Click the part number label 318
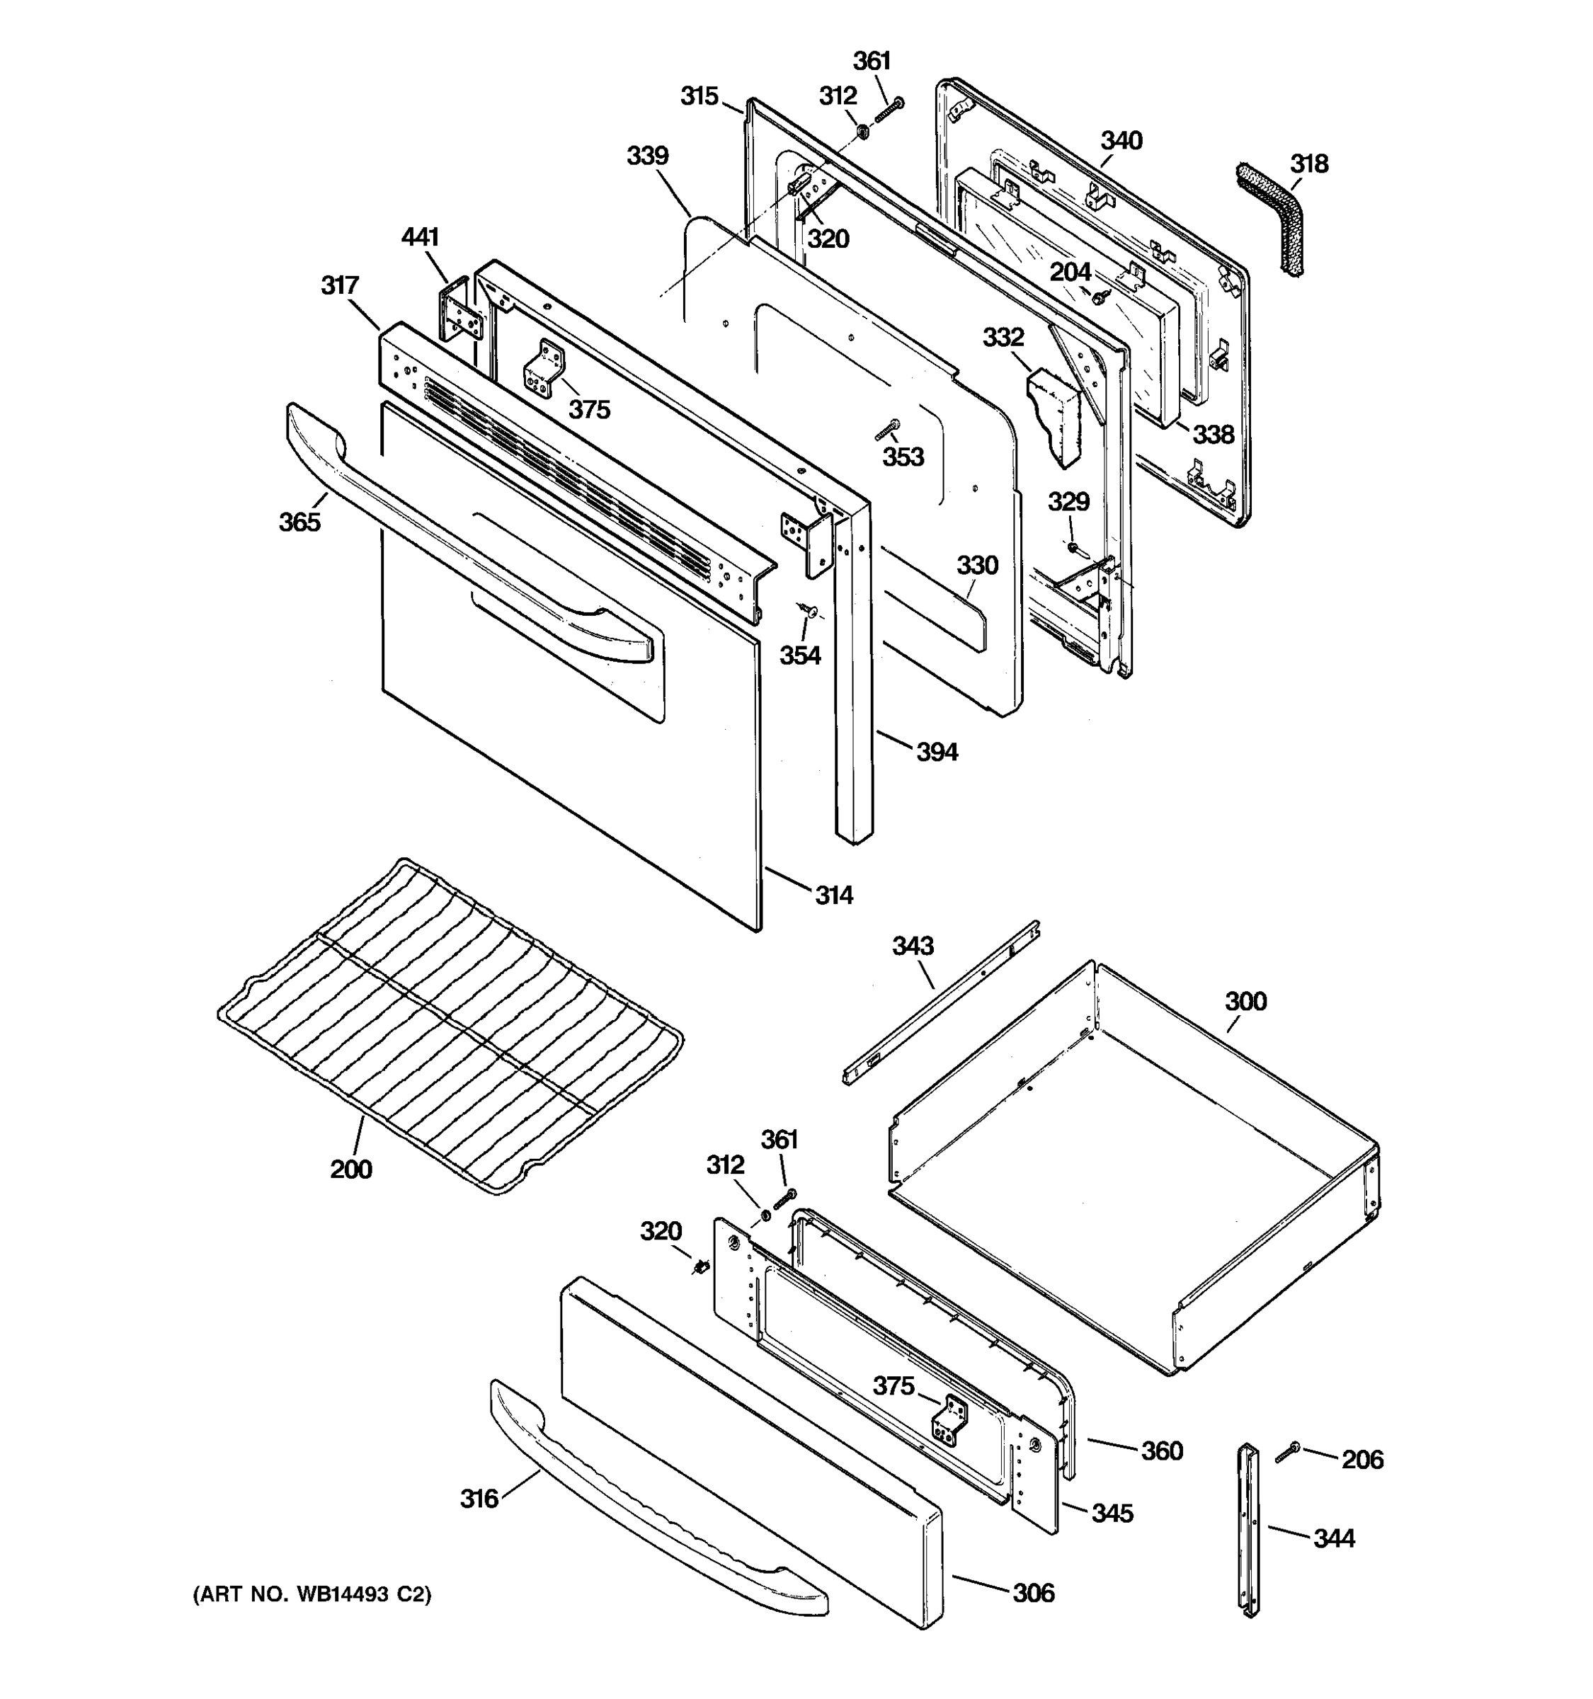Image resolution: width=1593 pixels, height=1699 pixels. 1309,164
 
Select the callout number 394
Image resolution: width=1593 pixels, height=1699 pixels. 937,752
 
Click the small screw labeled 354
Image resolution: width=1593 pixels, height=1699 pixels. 808,610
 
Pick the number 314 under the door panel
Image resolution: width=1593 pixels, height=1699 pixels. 833,895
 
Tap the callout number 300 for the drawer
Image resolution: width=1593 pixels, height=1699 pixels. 1245,1001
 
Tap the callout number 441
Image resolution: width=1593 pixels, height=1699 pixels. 420,236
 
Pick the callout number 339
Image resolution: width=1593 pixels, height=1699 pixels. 648,156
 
